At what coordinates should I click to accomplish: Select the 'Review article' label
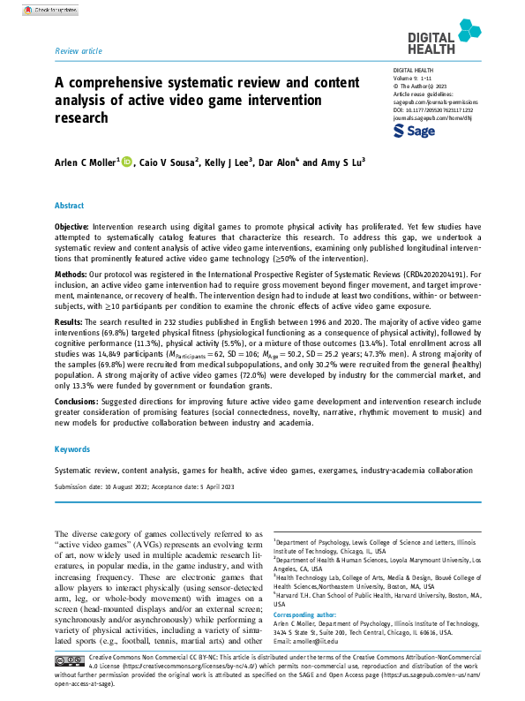click(78, 52)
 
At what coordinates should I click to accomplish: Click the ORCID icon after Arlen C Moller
click(126, 162)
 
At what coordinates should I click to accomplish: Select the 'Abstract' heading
click(70, 205)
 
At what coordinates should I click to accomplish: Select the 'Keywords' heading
click(72, 449)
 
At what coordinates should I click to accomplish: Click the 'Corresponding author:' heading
click(306, 612)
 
